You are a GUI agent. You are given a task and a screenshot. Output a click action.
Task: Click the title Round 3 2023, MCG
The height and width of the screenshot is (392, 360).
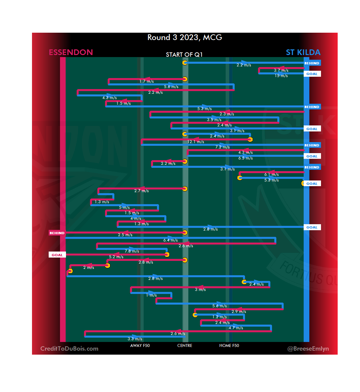click(x=185, y=37)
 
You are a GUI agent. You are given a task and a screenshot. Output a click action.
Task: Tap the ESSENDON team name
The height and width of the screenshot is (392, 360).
click(x=71, y=52)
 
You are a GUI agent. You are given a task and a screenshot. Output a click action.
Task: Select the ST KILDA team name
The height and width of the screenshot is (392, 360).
click(x=303, y=52)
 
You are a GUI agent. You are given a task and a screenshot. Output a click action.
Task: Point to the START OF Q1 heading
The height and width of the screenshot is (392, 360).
click(x=184, y=55)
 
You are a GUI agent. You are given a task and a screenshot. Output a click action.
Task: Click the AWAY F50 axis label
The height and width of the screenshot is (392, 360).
click(x=140, y=346)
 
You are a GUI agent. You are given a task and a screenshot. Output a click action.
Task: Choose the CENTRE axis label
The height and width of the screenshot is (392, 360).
click(x=185, y=346)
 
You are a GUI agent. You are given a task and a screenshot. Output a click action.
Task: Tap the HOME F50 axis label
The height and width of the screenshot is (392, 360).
click(x=229, y=346)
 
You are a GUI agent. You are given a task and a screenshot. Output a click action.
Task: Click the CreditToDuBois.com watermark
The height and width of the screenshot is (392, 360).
click(x=69, y=349)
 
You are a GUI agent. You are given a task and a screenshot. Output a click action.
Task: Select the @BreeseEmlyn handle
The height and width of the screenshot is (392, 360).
click(x=308, y=349)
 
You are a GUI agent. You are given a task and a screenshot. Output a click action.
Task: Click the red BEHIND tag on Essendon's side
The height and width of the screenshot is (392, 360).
click(x=57, y=233)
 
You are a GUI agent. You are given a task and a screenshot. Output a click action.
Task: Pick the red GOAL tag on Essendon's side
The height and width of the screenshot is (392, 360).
click(x=57, y=255)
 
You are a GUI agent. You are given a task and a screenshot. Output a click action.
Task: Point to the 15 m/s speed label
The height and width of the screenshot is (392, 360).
click(x=281, y=76)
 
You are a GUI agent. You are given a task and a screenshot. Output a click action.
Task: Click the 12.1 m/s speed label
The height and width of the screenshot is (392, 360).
click(x=196, y=142)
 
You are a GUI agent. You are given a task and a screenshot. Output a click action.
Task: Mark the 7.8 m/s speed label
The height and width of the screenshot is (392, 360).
click(x=132, y=251)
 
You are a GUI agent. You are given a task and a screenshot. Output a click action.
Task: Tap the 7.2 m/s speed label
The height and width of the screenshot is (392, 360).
click(x=222, y=147)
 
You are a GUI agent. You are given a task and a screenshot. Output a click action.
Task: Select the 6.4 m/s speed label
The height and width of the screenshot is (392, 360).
click(x=170, y=240)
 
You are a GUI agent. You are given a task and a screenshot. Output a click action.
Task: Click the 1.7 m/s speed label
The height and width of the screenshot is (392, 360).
click(x=146, y=81)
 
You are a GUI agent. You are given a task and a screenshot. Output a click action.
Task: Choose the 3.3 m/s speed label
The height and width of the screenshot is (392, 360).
click(x=135, y=339)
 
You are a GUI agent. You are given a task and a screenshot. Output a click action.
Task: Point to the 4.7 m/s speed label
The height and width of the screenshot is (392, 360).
click(x=236, y=328)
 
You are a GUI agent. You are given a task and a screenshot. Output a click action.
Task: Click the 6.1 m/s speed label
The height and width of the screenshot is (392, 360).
click(x=271, y=174)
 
